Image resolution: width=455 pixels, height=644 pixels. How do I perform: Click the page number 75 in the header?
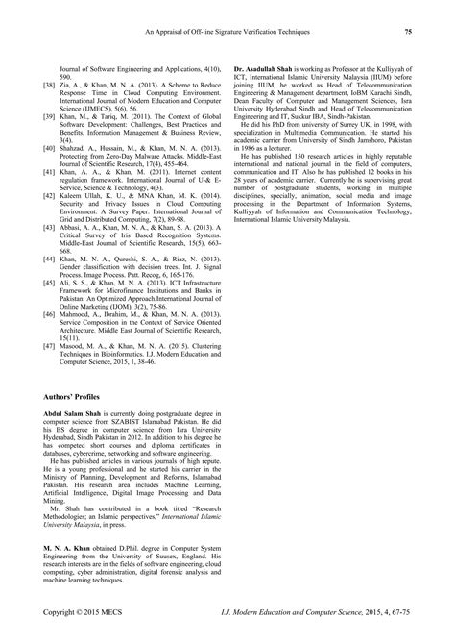click(x=407, y=32)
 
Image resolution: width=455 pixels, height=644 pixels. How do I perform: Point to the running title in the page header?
click(x=227, y=32)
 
